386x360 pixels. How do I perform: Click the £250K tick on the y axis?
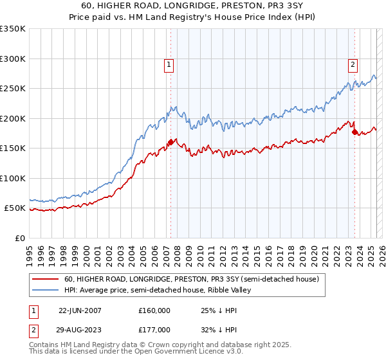pyautogui.click(x=12, y=89)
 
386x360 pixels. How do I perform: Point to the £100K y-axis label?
pyautogui.click(x=12, y=178)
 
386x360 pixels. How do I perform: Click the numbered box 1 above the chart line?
pyautogui.click(x=169, y=64)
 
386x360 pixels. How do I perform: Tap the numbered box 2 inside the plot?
pyautogui.click(x=353, y=64)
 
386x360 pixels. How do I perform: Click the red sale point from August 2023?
pyautogui.click(x=354, y=132)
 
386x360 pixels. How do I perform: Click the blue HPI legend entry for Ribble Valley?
pyautogui.click(x=158, y=291)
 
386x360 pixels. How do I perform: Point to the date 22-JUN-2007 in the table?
pyautogui.click(x=80, y=310)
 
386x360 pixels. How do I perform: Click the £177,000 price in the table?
pyautogui.click(x=154, y=329)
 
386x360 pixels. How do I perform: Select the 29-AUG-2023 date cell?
pyautogui.click(x=80, y=329)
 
